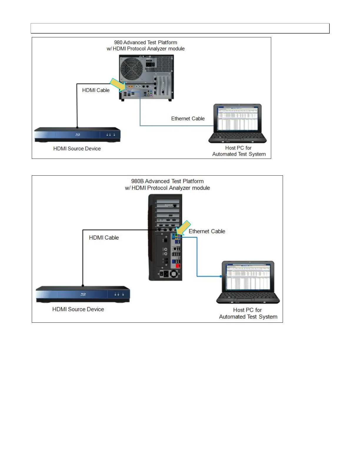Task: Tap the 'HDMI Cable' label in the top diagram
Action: point(96,90)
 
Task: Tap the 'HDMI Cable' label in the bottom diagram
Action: point(104,238)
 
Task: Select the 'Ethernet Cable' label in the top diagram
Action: point(188,119)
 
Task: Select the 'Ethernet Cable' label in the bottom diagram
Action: point(207,232)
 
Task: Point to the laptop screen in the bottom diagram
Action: point(248,277)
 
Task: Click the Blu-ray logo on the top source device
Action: point(78,135)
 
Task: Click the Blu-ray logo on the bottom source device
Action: point(83,294)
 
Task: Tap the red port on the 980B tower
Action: point(178,266)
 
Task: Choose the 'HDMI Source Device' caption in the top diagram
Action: point(77,149)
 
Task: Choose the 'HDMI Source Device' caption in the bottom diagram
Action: point(78,309)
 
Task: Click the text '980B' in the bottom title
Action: point(137,181)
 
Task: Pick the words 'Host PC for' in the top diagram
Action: point(238,148)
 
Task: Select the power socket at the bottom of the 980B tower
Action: point(165,274)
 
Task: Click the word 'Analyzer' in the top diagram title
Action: point(163,49)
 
